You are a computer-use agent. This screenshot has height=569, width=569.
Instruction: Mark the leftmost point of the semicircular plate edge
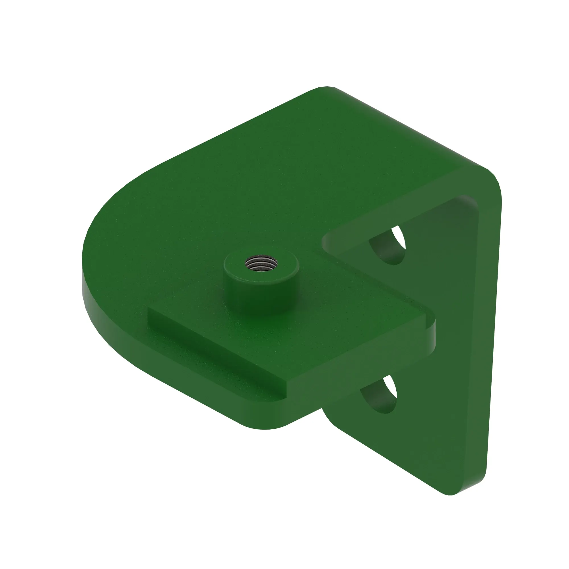tap(82, 265)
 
